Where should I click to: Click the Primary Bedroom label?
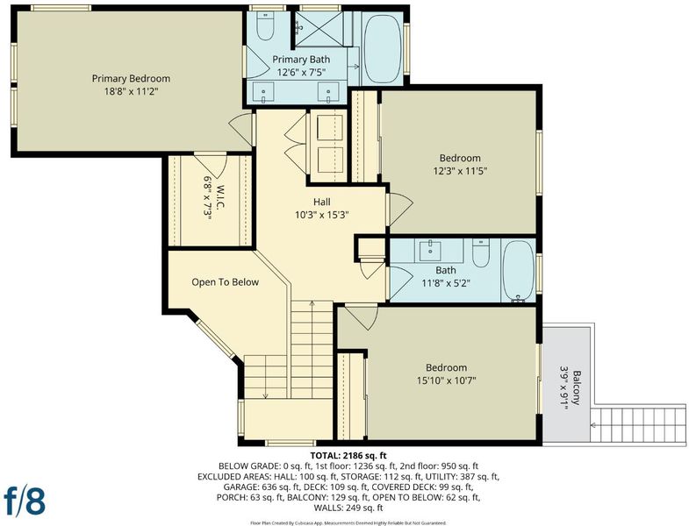pos(131,79)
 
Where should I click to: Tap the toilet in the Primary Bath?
pos(265,25)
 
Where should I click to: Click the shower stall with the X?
pos(319,29)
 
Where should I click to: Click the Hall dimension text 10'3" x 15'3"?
pos(322,215)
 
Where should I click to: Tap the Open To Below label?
pos(225,282)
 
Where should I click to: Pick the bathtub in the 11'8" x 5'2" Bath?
pos(518,271)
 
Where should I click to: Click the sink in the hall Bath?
pos(430,251)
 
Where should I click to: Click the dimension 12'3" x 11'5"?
pos(460,171)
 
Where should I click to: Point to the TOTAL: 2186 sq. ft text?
pos(348,455)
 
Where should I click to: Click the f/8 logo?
pos(25,500)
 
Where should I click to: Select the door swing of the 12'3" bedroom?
pos(400,210)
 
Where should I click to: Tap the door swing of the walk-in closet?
pos(210,166)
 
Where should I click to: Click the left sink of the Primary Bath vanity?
pos(263,93)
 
